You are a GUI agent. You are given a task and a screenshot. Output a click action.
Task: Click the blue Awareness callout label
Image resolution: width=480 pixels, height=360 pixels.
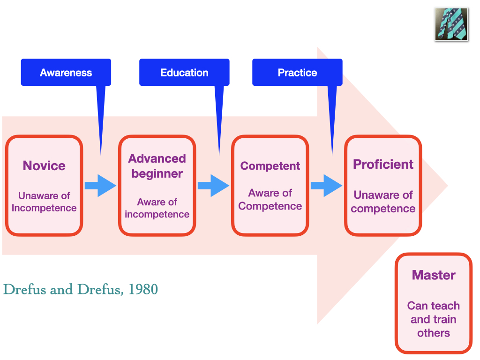coord(66,73)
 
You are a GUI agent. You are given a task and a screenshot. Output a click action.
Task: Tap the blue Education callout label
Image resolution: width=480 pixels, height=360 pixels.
coord(184,73)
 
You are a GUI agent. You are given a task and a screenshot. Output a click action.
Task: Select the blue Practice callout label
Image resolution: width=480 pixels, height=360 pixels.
coord(297,73)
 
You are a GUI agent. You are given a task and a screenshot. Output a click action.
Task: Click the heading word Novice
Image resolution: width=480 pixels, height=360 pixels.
coord(44,165)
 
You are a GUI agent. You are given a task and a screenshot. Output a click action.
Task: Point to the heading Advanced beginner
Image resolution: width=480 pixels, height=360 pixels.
coord(157,166)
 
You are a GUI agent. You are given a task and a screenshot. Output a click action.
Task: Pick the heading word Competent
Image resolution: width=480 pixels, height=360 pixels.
coord(270,166)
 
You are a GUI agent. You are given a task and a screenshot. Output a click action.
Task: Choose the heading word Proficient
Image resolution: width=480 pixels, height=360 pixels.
coord(383,164)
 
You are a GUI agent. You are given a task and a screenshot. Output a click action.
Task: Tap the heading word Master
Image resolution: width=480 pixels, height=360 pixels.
coord(434,275)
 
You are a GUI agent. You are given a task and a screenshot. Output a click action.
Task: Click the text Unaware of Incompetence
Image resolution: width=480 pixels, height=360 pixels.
coord(44,202)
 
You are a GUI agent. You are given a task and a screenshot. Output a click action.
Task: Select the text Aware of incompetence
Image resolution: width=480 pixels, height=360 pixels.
coord(157,208)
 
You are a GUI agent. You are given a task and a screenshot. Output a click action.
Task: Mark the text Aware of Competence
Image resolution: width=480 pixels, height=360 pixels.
coord(270,200)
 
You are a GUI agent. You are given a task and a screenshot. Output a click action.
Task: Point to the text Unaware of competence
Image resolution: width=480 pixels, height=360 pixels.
coord(383,202)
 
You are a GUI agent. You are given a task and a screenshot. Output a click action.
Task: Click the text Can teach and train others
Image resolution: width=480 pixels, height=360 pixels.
coord(434,319)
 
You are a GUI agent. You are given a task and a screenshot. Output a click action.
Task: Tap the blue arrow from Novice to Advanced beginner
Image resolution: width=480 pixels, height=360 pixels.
coord(100,186)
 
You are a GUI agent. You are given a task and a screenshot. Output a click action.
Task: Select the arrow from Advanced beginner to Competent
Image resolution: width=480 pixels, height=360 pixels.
coord(213,186)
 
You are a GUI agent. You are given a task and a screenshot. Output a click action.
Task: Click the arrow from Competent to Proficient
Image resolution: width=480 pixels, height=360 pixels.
coord(326,186)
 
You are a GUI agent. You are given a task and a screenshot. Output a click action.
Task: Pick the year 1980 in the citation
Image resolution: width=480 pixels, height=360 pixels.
coord(143,290)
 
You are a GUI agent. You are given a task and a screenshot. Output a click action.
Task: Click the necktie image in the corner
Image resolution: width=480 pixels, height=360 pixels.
coord(451,23)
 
